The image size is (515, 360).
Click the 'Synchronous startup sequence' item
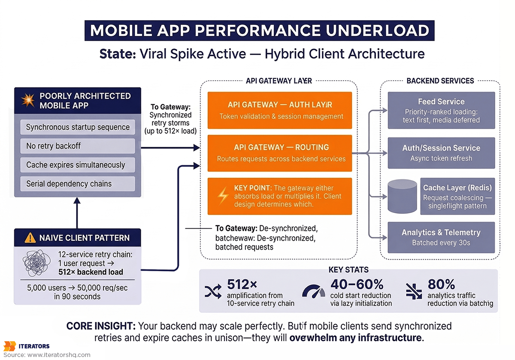(78, 127)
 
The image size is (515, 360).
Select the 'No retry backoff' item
(78, 146)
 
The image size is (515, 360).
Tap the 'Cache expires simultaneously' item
(78, 165)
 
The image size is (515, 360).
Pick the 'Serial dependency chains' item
(78, 184)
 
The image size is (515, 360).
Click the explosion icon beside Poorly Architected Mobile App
(27, 100)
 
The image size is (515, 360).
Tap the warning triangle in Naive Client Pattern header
(30, 238)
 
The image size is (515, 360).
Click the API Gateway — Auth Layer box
(280, 110)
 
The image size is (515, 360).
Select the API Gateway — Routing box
(280, 153)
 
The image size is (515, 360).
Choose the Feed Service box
(441, 110)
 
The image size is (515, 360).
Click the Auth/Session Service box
(441, 153)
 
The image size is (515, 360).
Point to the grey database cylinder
(402, 196)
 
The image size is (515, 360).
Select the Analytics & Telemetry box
(441, 237)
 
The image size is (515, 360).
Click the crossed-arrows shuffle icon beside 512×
(213, 292)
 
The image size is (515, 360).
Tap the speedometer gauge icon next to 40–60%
(314, 292)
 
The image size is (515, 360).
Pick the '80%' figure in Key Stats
(441, 284)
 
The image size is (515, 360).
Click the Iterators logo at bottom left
(27, 346)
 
